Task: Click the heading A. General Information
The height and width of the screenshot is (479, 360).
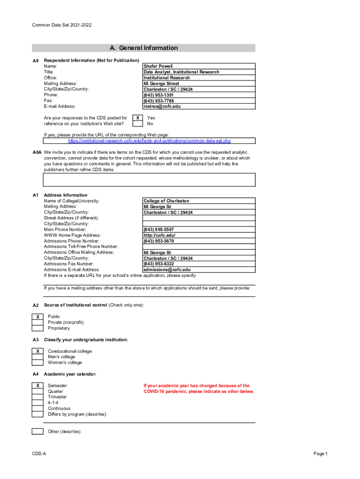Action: click(x=144, y=48)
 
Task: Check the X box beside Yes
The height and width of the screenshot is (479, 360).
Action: click(x=137, y=118)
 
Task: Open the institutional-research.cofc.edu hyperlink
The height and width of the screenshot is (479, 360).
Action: click(x=149, y=141)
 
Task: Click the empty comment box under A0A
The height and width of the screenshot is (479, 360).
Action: click(x=149, y=180)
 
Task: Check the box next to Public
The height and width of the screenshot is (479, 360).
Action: click(x=37, y=317)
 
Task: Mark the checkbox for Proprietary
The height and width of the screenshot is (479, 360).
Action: click(x=37, y=328)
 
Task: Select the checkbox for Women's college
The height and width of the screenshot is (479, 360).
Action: click(x=37, y=363)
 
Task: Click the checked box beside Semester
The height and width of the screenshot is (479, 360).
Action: click(x=37, y=385)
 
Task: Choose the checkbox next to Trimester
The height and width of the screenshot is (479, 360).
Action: click(x=37, y=397)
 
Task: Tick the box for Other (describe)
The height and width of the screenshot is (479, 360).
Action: click(x=37, y=431)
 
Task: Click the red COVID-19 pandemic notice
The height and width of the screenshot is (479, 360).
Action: click(x=199, y=389)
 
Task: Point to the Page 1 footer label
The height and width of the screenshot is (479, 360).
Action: click(x=320, y=454)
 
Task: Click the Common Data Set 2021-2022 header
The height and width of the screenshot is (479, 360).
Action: click(x=62, y=25)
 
